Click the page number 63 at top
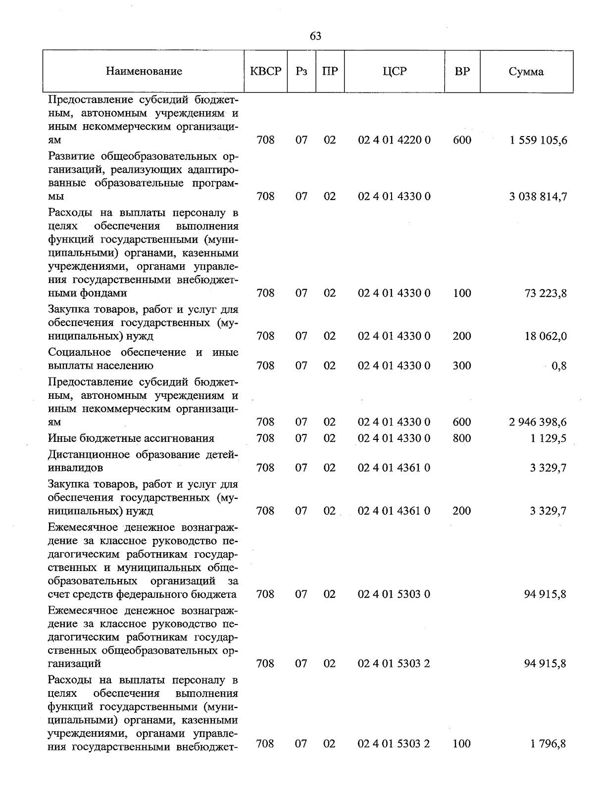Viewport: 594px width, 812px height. pyautogui.click(x=315, y=36)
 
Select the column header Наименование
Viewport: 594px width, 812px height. pyautogui.click(x=144, y=71)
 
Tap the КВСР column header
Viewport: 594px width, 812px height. pyautogui.click(x=266, y=71)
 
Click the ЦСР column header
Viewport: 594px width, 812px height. pyautogui.click(x=395, y=71)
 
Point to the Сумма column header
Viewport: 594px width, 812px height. pyautogui.click(x=526, y=72)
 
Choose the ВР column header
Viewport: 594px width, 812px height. pyautogui.click(x=462, y=71)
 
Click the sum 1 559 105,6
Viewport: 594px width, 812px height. pyautogui.click(x=538, y=141)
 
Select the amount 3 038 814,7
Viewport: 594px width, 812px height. pyautogui.click(x=538, y=197)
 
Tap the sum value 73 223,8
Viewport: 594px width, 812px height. pyautogui.click(x=545, y=293)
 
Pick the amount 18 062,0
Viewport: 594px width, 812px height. pyautogui.click(x=545, y=336)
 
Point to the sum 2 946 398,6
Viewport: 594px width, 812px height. pyautogui.click(x=538, y=422)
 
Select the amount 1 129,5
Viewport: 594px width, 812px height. pyautogui.click(x=548, y=438)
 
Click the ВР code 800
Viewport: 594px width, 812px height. pyautogui.click(x=462, y=438)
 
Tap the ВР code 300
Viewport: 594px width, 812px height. pyautogui.click(x=462, y=366)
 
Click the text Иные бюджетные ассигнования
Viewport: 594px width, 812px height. pyautogui.click(x=131, y=438)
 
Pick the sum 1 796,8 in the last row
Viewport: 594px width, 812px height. pyautogui.click(x=548, y=744)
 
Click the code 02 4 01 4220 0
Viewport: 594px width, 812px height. pyautogui.click(x=394, y=141)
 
